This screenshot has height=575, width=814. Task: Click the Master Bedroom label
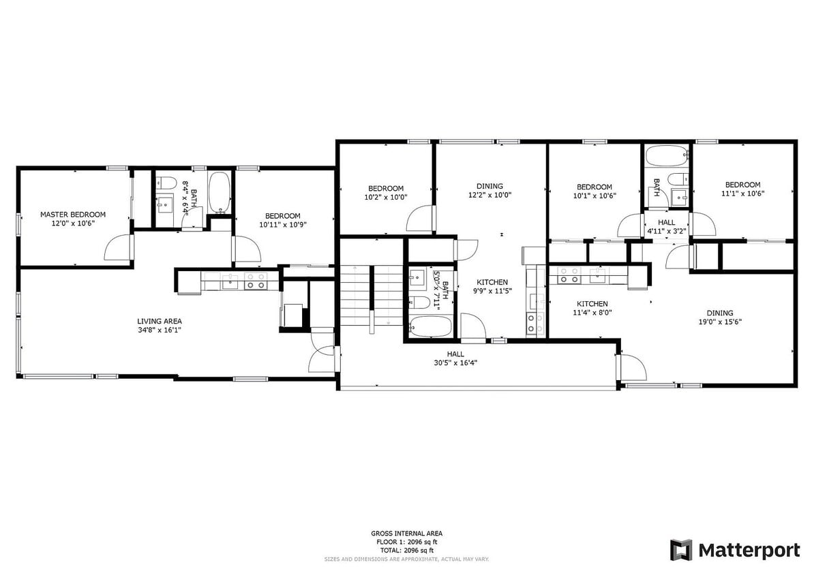coord(72,214)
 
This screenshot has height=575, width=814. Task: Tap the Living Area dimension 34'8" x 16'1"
coord(159,330)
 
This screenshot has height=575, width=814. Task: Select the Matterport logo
coord(734,550)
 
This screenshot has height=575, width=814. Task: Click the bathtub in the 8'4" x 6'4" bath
coord(219,192)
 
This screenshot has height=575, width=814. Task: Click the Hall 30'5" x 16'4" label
coord(455,354)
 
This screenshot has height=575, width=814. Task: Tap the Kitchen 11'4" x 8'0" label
coord(592,304)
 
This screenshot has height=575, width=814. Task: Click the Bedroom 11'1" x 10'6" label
coord(742,185)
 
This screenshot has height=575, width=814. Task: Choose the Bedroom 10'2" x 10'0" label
coord(386,189)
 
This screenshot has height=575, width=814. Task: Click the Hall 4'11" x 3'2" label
coord(666,223)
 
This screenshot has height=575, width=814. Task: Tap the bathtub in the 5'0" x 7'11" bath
coord(431,327)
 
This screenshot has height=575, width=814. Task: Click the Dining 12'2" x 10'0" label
coord(489,186)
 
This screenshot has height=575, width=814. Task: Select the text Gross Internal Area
coord(406,533)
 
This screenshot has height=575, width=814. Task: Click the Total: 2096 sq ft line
coord(406,550)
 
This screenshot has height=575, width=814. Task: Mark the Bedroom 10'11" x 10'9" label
coord(282,216)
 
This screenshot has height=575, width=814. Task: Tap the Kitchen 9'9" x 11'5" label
coord(492,282)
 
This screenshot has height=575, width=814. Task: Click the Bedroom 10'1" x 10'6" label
coord(594,187)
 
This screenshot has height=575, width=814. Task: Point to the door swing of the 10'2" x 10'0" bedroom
coord(419,220)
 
